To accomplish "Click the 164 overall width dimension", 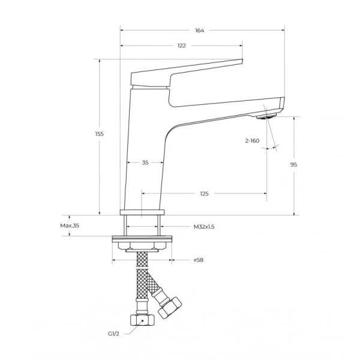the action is tap(200, 31).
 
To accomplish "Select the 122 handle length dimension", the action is tap(181, 46).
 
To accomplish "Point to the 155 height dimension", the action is tap(100, 134).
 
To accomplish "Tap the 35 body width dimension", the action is tap(145, 163).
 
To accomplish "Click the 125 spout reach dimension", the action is tap(204, 194).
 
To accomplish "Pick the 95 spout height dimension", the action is tap(293, 164).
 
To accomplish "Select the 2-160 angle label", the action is tap(252, 141).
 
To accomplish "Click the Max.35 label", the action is tap(70, 226).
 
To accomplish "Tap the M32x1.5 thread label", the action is tap(204, 227).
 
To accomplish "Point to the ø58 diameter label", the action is tap(199, 260).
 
